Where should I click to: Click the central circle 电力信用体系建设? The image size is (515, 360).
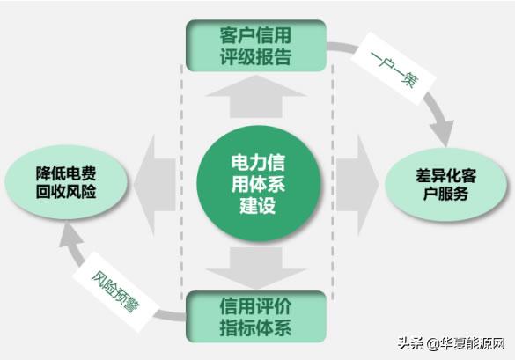(259, 184)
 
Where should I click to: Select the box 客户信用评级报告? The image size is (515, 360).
(256, 46)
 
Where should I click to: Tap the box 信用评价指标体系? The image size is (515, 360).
(256, 317)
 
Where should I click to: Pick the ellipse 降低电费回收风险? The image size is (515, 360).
(66, 182)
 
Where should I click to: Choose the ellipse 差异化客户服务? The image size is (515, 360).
(445, 184)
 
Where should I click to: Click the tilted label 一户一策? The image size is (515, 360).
(394, 69)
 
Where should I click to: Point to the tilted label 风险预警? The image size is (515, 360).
(115, 291)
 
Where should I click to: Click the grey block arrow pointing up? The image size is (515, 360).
(256, 97)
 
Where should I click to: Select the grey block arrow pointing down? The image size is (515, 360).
(256, 268)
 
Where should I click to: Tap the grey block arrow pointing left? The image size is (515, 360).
(155, 185)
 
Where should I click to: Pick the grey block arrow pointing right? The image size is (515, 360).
(357, 185)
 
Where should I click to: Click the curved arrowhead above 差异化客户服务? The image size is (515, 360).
(442, 132)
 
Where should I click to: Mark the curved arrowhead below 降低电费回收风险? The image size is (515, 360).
(70, 235)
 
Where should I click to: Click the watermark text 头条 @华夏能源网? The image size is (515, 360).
(451, 344)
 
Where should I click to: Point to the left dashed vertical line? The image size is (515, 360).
(181, 181)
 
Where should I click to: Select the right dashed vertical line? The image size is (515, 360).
(333, 182)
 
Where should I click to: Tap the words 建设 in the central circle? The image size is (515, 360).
(258, 206)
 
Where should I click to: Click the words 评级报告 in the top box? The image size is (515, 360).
(256, 57)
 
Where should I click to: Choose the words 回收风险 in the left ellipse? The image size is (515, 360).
(66, 192)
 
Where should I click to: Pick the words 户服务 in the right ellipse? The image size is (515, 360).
(445, 193)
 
